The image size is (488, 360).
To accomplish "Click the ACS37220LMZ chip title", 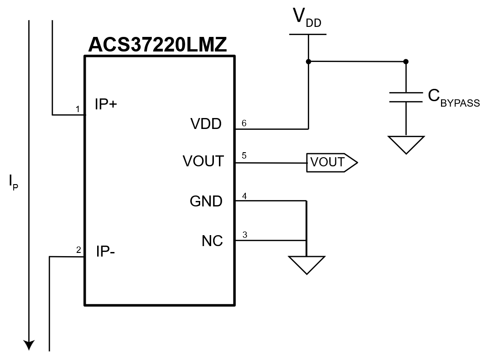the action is tap(157, 45).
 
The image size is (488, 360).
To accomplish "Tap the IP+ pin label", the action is tap(106, 104).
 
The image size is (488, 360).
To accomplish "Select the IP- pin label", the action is tap(105, 251).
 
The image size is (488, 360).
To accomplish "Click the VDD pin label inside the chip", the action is tap(206, 124).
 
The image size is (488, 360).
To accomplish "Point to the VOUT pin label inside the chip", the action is tap(203, 161).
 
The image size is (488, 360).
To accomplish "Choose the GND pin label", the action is tap(206, 201).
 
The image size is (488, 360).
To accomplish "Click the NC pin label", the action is tap(212, 241).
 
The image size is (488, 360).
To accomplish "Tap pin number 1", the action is tap(78, 109).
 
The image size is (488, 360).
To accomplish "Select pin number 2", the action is tap(78, 250).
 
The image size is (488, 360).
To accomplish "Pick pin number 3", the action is tap(244, 235).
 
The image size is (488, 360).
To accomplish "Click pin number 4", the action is tap(244, 196).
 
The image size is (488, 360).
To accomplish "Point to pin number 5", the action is tap(244, 155).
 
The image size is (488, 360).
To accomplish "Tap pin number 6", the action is tap(244, 123).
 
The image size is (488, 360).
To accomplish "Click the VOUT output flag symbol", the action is tap(332, 163).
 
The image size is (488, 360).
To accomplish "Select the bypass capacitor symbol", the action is tap(406, 97).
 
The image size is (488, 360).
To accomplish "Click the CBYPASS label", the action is tap(454, 98).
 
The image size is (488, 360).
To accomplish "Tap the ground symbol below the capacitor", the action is tap(406, 145).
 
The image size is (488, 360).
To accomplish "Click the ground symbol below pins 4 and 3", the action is tap(306, 265).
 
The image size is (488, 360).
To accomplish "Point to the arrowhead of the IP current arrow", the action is tap(29, 345).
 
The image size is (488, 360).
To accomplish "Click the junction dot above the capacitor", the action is tap(406, 62).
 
